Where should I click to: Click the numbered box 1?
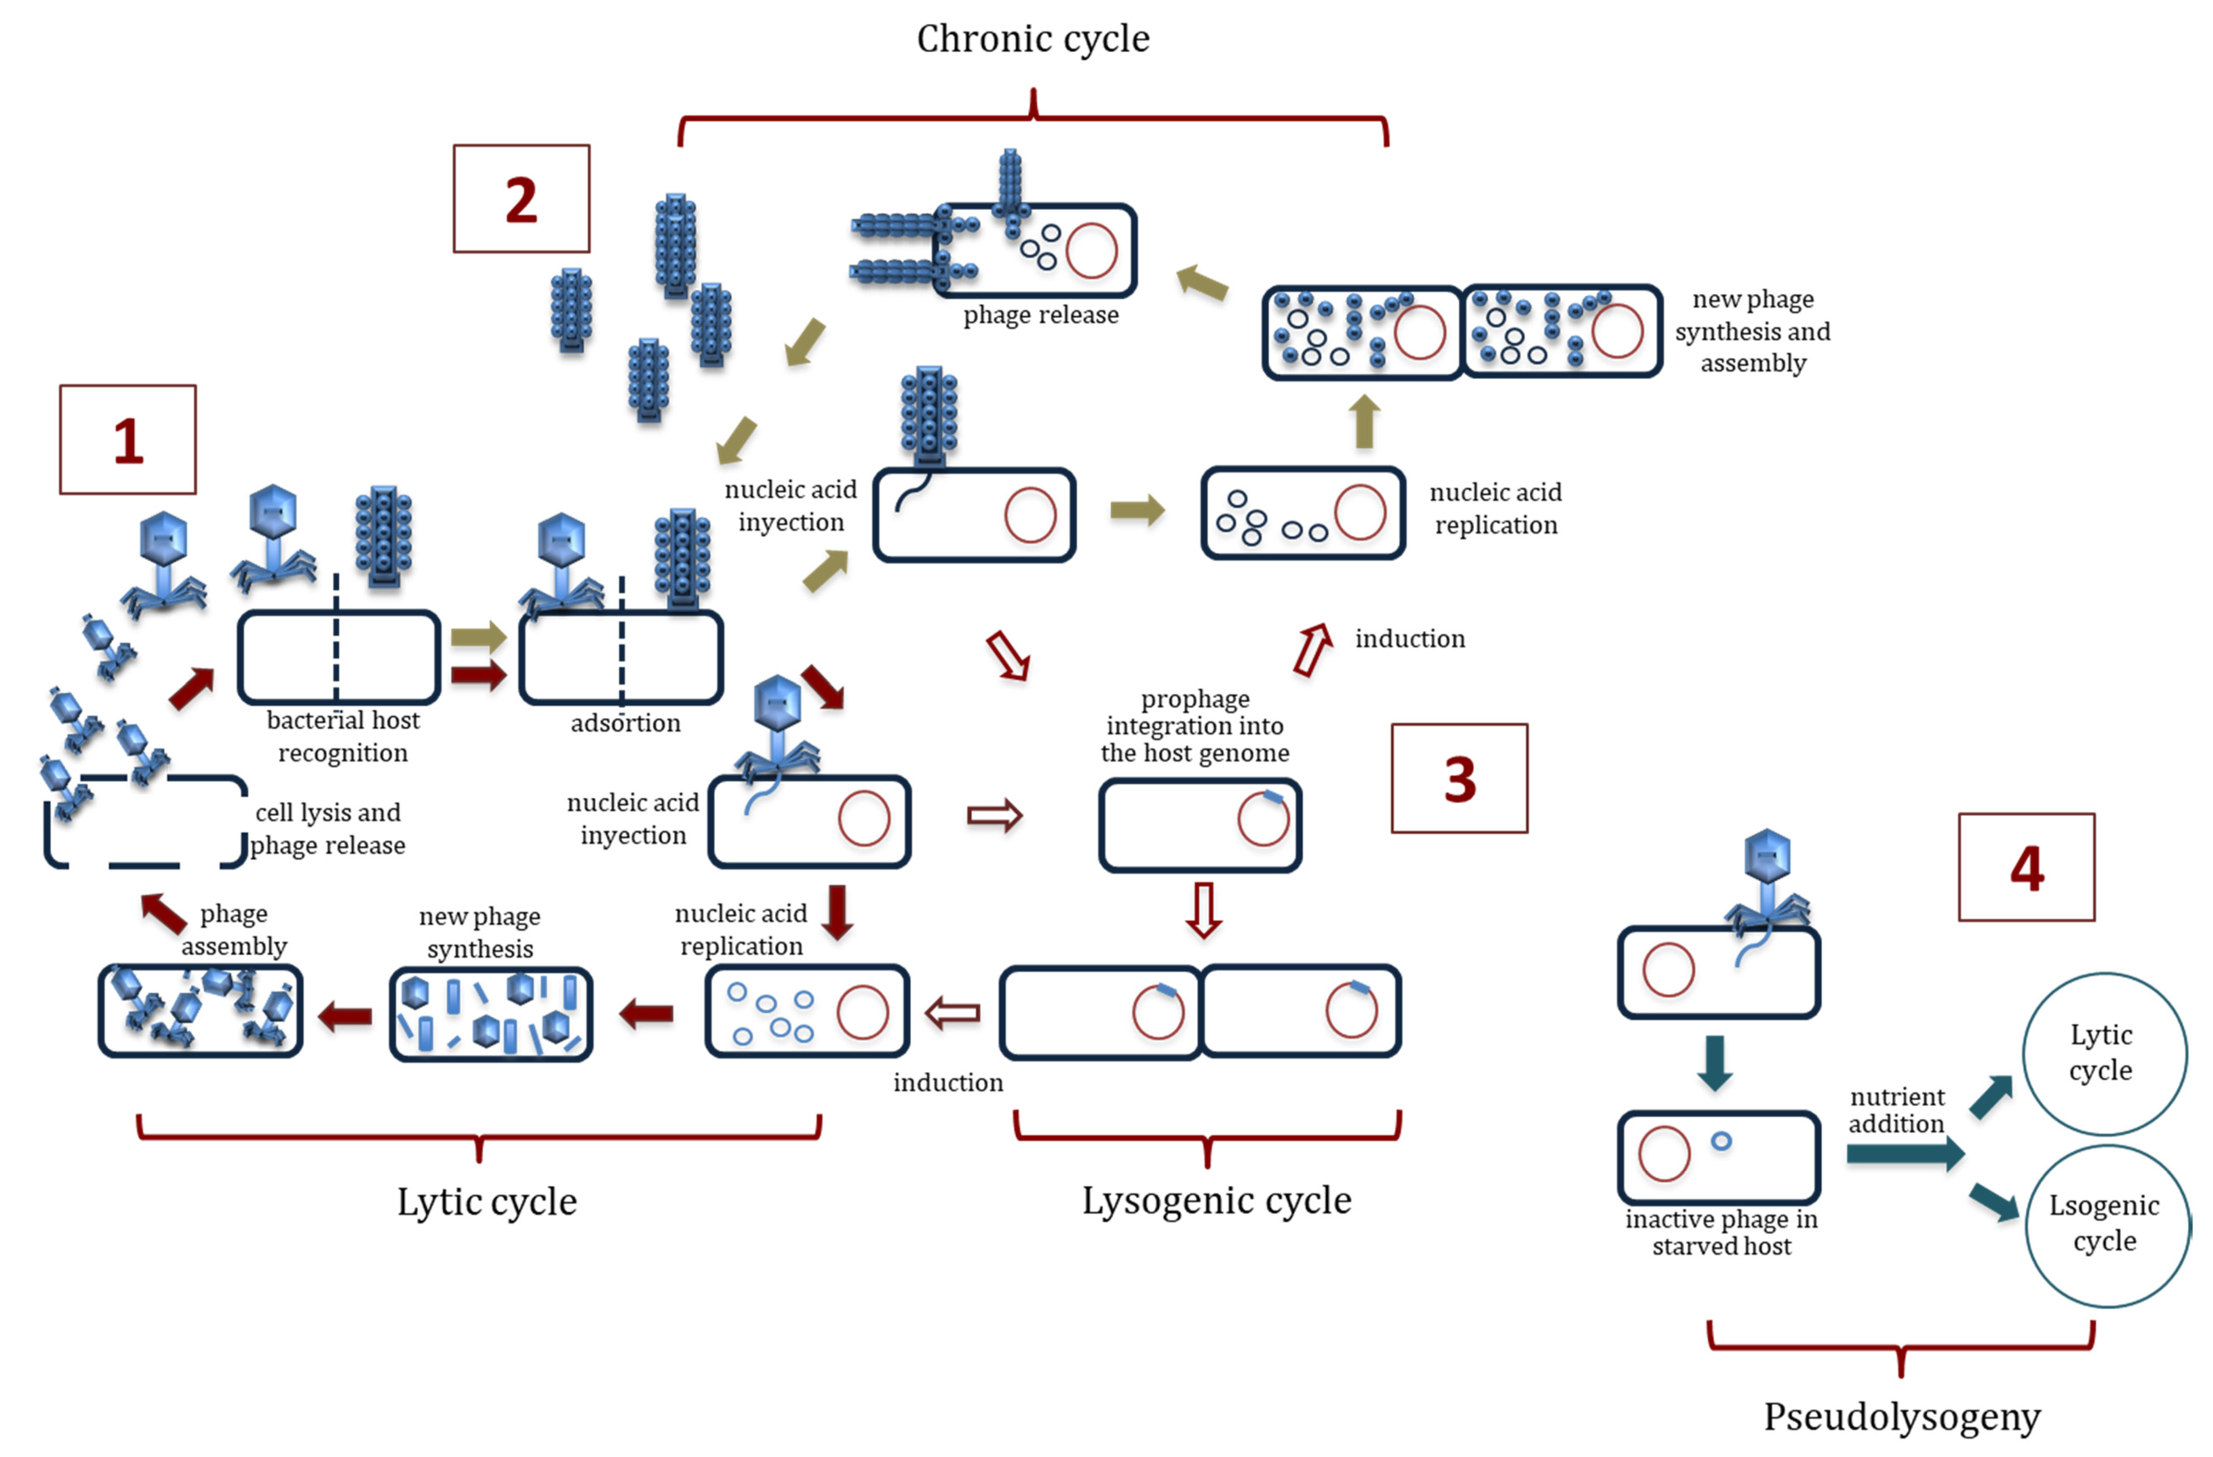(x=128, y=440)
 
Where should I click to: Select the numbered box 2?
(x=522, y=199)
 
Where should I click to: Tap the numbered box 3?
(x=1460, y=778)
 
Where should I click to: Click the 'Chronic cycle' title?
(x=1033, y=39)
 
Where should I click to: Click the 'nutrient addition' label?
(x=1897, y=1110)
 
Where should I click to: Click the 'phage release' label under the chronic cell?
(x=1040, y=315)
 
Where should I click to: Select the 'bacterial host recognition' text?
(x=343, y=737)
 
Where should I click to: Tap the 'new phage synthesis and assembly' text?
(x=1753, y=331)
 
